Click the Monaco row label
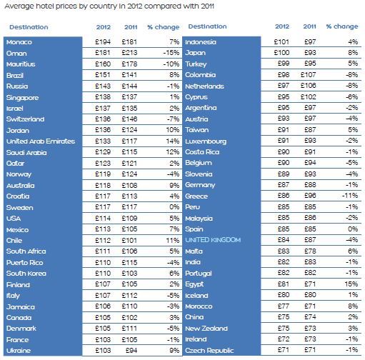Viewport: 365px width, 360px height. coord(19,42)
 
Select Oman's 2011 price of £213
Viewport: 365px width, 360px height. coord(129,53)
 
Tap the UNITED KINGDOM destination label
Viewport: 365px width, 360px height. coord(213,240)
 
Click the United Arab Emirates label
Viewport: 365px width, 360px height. coord(41,141)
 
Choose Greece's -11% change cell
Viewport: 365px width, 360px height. coord(350,196)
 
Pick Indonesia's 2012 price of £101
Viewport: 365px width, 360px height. coord(281,42)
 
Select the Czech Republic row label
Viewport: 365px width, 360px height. coord(209,351)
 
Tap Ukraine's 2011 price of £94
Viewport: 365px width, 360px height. coord(131,350)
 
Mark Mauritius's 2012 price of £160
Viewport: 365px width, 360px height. coord(103,64)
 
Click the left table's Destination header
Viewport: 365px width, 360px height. coord(29,27)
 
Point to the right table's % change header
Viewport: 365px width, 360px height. coord(342,26)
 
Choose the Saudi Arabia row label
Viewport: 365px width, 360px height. coord(26,153)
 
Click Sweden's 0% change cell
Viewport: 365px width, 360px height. coord(174,207)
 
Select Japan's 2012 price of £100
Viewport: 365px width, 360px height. coord(281,53)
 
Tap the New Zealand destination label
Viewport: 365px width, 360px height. coord(206,329)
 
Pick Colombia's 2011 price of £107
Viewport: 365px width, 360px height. coord(309,75)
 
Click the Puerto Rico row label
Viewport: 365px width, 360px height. coord(25,263)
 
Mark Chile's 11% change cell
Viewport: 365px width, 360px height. coord(173,240)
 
